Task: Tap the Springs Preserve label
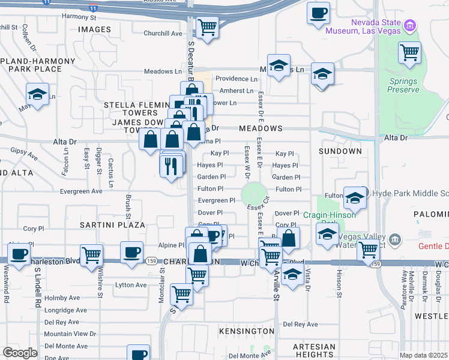tap(403, 85)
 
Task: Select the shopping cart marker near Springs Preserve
tap(409, 52)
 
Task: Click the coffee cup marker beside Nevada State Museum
tap(318, 13)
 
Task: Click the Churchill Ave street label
tap(163, 34)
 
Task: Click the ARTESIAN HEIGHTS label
tap(314, 351)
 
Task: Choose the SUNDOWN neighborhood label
tap(340, 151)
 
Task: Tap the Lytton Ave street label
tap(131, 285)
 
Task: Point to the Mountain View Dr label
tap(70, 334)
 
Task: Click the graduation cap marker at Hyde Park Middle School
tap(355, 197)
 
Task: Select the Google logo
tap(20, 353)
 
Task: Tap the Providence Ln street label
tap(236, 79)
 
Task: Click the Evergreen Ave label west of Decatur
tap(82, 191)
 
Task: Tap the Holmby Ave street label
tap(62, 298)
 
